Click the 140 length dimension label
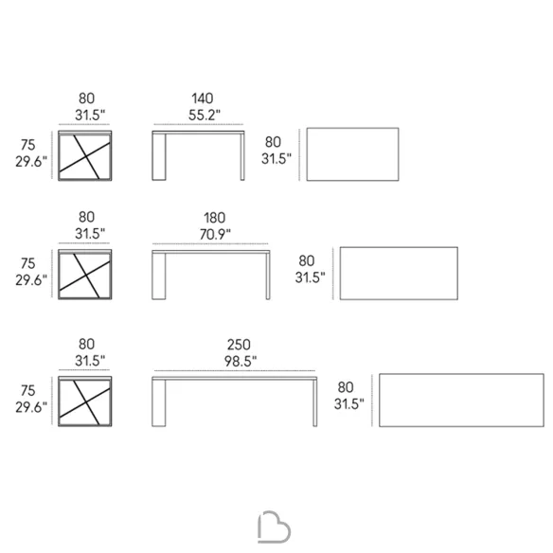click(203, 98)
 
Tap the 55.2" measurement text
click(205, 115)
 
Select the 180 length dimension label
click(214, 218)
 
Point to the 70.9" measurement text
click(215, 234)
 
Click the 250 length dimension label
click(239, 345)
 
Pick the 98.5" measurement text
click(241, 361)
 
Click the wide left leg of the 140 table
click(159, 157)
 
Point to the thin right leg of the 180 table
click(268, 276)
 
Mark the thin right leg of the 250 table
click(315, 402)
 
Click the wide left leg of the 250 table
click(159, 402)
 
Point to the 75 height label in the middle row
click(28, 263)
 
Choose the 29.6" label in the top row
click(31, 162)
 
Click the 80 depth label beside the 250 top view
click(346, 387)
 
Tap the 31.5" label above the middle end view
click(90, 234)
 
